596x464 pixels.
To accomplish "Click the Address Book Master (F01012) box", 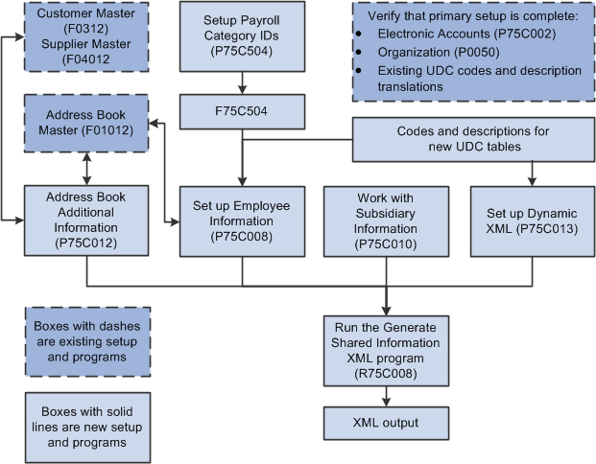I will (x=86, y=123).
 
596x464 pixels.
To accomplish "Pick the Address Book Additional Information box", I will (x=86, y=220).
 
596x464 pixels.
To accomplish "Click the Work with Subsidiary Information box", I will (x=386, y=220).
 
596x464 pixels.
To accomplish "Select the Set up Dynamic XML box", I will (x=531, y=220).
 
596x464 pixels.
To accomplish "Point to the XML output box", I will (x=386, y=421).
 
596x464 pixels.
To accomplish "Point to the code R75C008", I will (x=386, y=373).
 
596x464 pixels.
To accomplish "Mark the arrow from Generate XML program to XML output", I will (x=386, y=397).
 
